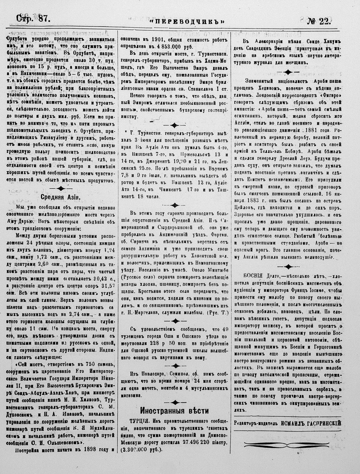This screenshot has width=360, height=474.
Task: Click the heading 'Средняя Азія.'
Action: [60, 197]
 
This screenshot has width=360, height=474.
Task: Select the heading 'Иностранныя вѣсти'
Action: [174, 410]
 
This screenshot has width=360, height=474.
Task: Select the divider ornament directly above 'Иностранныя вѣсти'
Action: [174, 402]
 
